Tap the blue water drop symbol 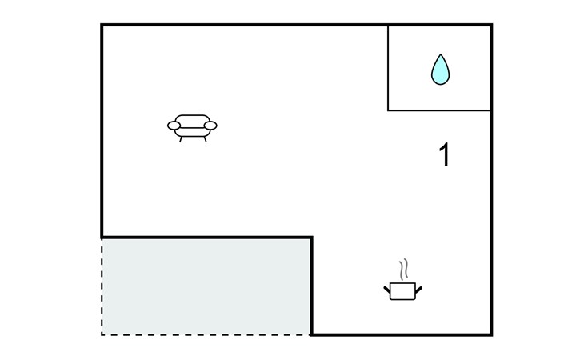coord(440,70)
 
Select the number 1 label coord(444,154)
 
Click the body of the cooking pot coord(402,291)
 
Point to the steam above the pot coord(404,269)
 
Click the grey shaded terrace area coord(206,286)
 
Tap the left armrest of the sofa coord(174,126)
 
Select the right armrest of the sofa coord(210,126)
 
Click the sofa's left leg coord(181,139)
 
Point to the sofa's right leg coord(205,139)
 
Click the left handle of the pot coord(387,289)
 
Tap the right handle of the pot coord(418,289)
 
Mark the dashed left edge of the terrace coord(102,286)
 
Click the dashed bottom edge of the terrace coord(206,334)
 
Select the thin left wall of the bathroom coord(388,68)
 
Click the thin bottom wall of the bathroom coord(439,110)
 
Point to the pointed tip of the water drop coord(441,54)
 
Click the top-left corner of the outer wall coord(102,25)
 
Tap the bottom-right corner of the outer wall coord(492,334)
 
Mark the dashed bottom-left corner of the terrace coord(102,334)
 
